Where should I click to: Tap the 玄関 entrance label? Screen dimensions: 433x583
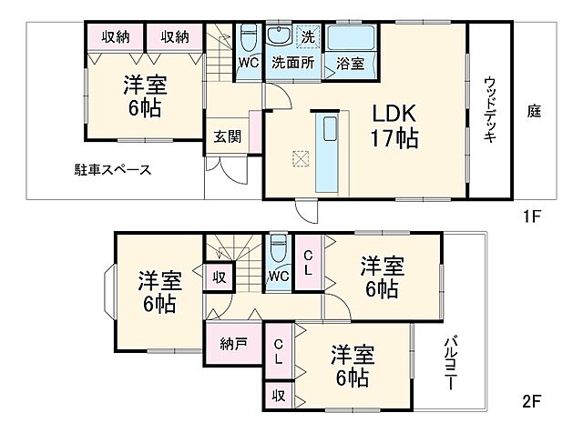(227, 136)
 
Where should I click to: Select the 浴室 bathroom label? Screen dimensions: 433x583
(350, 63)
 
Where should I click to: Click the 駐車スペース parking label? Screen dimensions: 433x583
(112, 170)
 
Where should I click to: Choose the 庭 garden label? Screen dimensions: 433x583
(534, 112)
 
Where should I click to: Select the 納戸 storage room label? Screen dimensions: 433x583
(232, 346)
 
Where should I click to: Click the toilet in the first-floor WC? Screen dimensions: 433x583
(249, 39)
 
